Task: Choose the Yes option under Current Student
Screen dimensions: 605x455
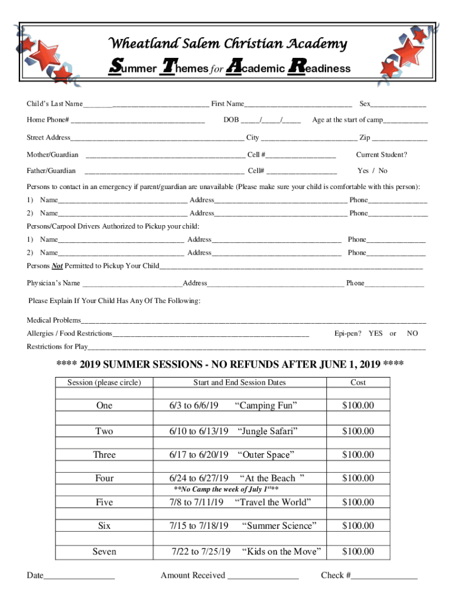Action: click(x=363, y=171)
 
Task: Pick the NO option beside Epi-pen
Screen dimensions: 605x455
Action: click(x=412, y=334)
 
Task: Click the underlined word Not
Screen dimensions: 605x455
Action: click(x=57, y=266)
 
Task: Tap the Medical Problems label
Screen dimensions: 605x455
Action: click(x=53, y=320)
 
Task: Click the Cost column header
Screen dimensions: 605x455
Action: click(x=358, y=383)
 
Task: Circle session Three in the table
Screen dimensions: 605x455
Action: click(x=104, y=455)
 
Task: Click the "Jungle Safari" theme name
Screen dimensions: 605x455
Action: click(x=266, y=431)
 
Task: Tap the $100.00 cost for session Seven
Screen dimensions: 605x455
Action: click(x=358, y=552)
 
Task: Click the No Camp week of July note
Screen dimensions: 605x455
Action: click(x=226, y=490)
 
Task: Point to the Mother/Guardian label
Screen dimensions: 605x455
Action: click(x=53, y=155)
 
